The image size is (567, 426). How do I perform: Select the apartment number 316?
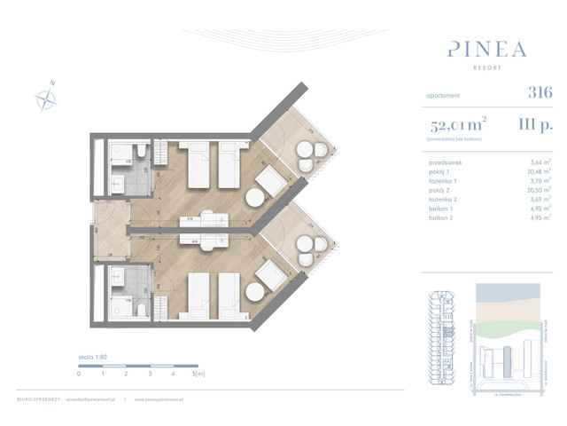(539, 92)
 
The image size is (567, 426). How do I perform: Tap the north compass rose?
(46, 98)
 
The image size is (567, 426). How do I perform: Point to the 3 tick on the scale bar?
(150, 374)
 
